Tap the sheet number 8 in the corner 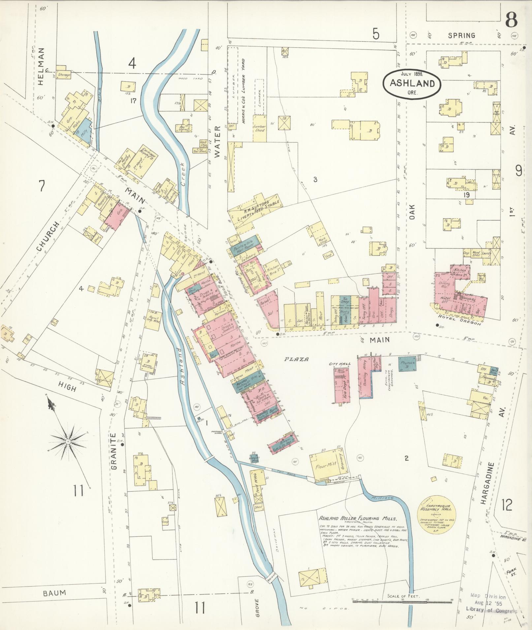(511, 20)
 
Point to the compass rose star (68, 441)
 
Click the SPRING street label (461, 36)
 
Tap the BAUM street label (54, 593)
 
